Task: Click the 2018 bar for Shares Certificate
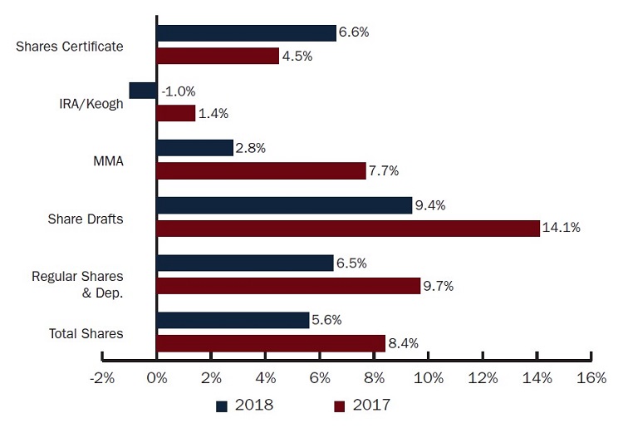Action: click(x=247, y=33)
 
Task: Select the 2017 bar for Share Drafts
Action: click(x=348, y=229)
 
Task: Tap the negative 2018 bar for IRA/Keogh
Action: click(x=143, y=91)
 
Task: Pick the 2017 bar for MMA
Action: click(x=261, y=171)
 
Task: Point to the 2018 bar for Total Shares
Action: click(x=233, y=320)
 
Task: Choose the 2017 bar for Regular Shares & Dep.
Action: click(x=288, y=286)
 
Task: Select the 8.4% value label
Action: click(x=405, y=343)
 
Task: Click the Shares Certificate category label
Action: click(x=70, y=46)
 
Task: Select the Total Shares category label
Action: click(x=86, y=333)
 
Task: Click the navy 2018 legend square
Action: click(x=222, y=406)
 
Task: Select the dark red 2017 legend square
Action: click(x=340, y=406)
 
